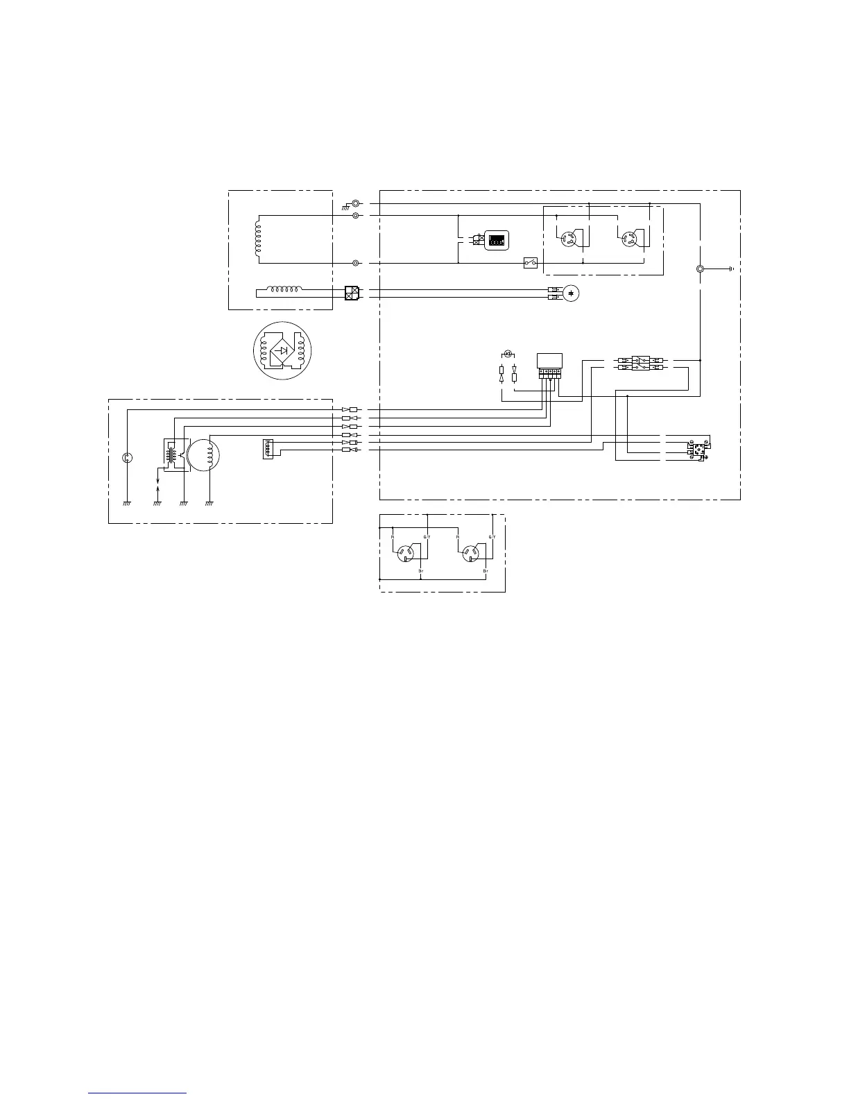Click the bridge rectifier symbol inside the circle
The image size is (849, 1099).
point(282,350)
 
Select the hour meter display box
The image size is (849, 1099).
point(496,240)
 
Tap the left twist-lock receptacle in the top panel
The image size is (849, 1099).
point(570,239)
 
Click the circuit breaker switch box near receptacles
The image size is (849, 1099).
point(531,263)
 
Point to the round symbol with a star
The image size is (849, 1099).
point(570,293)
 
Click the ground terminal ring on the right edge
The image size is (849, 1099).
point(701,269)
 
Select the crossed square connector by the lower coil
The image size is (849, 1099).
point(352,293)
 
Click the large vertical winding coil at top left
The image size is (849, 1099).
point(258,239)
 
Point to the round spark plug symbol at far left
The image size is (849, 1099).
point(127,457)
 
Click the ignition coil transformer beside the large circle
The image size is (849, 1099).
point(171,453)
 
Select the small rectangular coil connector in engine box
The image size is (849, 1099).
point(268,449)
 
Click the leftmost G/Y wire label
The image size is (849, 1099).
point(427,537)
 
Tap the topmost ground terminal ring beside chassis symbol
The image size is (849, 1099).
point(356,204)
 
